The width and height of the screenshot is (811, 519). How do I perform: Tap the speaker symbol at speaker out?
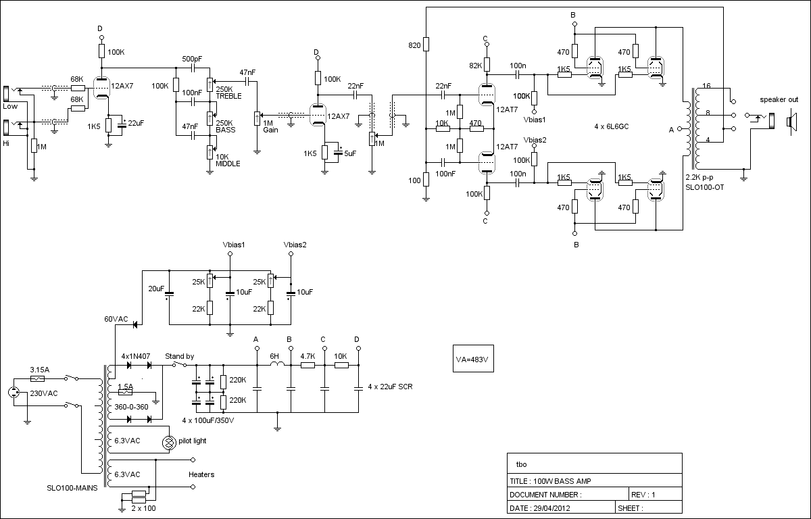pyautogui.click(x=789, y=122)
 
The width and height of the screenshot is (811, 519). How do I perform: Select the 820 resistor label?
pyautogui.click(x=414, y=46)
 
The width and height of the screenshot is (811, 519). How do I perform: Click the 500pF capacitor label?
pyautogui.click(x=192, y=60)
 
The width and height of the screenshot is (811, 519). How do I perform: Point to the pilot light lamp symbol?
pyautogui.click(x=168, y=443)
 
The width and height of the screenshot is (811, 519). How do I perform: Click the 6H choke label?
pyautogui.click(x=274, y=355)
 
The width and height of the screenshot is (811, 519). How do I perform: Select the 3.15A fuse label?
pyautogui.click(x=40, y=370)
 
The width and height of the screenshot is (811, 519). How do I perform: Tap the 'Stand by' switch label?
pyautogui.click(x=179, y=355)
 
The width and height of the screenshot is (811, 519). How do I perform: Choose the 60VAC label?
pyautogui.click(x=116, y=318)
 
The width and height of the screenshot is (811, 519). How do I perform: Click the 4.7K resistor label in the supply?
pyautogui.click(x=308, y=355)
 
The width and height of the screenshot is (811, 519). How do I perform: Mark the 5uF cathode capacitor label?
pyautogui.click(x=349, y=153)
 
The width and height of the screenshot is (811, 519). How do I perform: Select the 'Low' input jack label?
pyautogui.click(x=9, y=107)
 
